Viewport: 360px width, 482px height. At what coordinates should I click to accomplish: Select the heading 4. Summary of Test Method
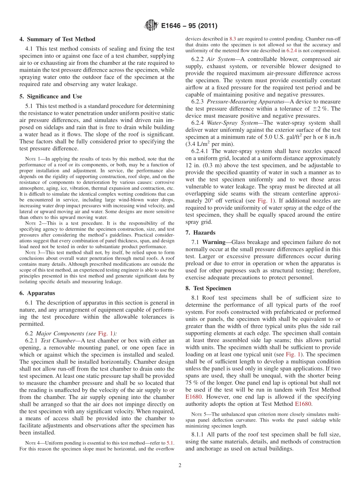57,39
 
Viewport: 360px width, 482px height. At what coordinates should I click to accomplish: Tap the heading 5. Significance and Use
51,97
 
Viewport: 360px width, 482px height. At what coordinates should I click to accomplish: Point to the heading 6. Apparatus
37,293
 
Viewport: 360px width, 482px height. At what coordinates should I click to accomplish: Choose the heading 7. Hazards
200,232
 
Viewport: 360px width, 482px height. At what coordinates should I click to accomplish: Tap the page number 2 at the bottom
180,465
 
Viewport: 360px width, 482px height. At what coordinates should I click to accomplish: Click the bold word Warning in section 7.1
214,242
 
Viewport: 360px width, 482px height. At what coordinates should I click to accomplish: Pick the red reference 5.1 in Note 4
171,443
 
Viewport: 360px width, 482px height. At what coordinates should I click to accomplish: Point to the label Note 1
32,159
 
